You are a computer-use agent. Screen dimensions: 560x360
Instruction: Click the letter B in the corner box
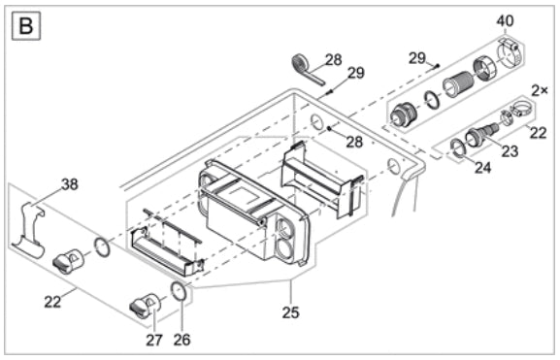26,25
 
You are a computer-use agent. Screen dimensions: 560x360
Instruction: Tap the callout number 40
505,20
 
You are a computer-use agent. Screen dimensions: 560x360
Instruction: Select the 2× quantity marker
540,90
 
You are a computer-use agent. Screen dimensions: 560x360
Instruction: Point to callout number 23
510,151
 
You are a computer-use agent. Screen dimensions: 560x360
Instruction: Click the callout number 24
483,167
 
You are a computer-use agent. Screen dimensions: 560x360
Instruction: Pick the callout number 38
70,184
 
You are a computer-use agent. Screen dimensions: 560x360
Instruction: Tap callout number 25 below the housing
290,312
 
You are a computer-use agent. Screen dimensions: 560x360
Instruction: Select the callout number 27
154,340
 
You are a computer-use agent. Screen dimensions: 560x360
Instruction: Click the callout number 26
181,340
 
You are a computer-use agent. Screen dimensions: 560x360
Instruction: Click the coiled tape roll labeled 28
306,68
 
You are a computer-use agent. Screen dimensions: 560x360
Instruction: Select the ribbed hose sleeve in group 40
458,84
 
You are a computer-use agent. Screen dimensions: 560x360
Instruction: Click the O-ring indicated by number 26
179,291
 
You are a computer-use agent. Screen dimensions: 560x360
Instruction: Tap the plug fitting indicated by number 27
145,304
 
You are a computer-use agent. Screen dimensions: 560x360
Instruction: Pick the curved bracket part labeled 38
28,229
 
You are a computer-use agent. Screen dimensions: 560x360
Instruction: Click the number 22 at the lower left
52,302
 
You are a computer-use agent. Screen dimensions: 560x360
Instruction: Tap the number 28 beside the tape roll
333,59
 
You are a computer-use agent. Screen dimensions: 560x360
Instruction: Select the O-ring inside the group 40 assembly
432,100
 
